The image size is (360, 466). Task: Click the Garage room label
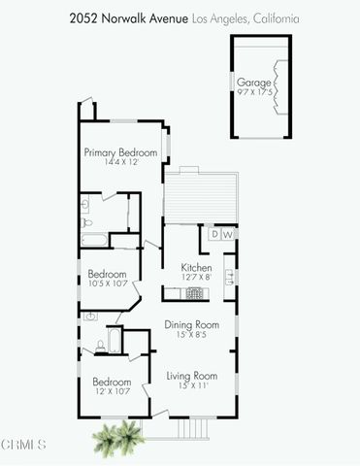tap(253, 83)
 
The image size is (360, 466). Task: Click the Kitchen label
tap(196, 267)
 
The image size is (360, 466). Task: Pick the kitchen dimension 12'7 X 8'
tap(196, 278)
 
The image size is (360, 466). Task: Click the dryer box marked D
tap(214, 234)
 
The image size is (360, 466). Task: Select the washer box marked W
tap(228, 234)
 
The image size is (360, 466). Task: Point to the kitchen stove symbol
tap(196, 292)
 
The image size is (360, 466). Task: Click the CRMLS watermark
tap(24, 446)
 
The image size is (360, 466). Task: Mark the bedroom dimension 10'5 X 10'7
tap(108, 284)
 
